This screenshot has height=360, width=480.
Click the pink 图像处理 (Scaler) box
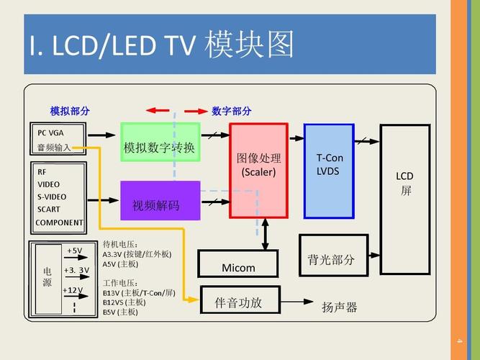click(x=258, y=171)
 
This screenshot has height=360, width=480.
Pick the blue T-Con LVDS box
click(x=329, y=171)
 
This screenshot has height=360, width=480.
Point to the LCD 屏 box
click(x=404, y=199)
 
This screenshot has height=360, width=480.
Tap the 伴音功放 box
click(x=237, y=302)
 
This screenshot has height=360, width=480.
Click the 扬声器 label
click(x=339, y=307)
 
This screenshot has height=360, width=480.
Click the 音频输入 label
click(x=54, y=147)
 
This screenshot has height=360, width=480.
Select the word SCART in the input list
click(x=49, y=210)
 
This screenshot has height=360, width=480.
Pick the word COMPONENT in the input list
click(x=59, y=222)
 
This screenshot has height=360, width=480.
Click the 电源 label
click(x=47, y=276)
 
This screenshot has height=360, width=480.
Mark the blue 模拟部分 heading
click(x=70, y=111)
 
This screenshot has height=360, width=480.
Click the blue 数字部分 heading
click(x=232, y=111)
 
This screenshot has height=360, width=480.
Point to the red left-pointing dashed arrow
click(x=158, y=111)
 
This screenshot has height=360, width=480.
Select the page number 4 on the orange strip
click(x=458, y=341)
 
